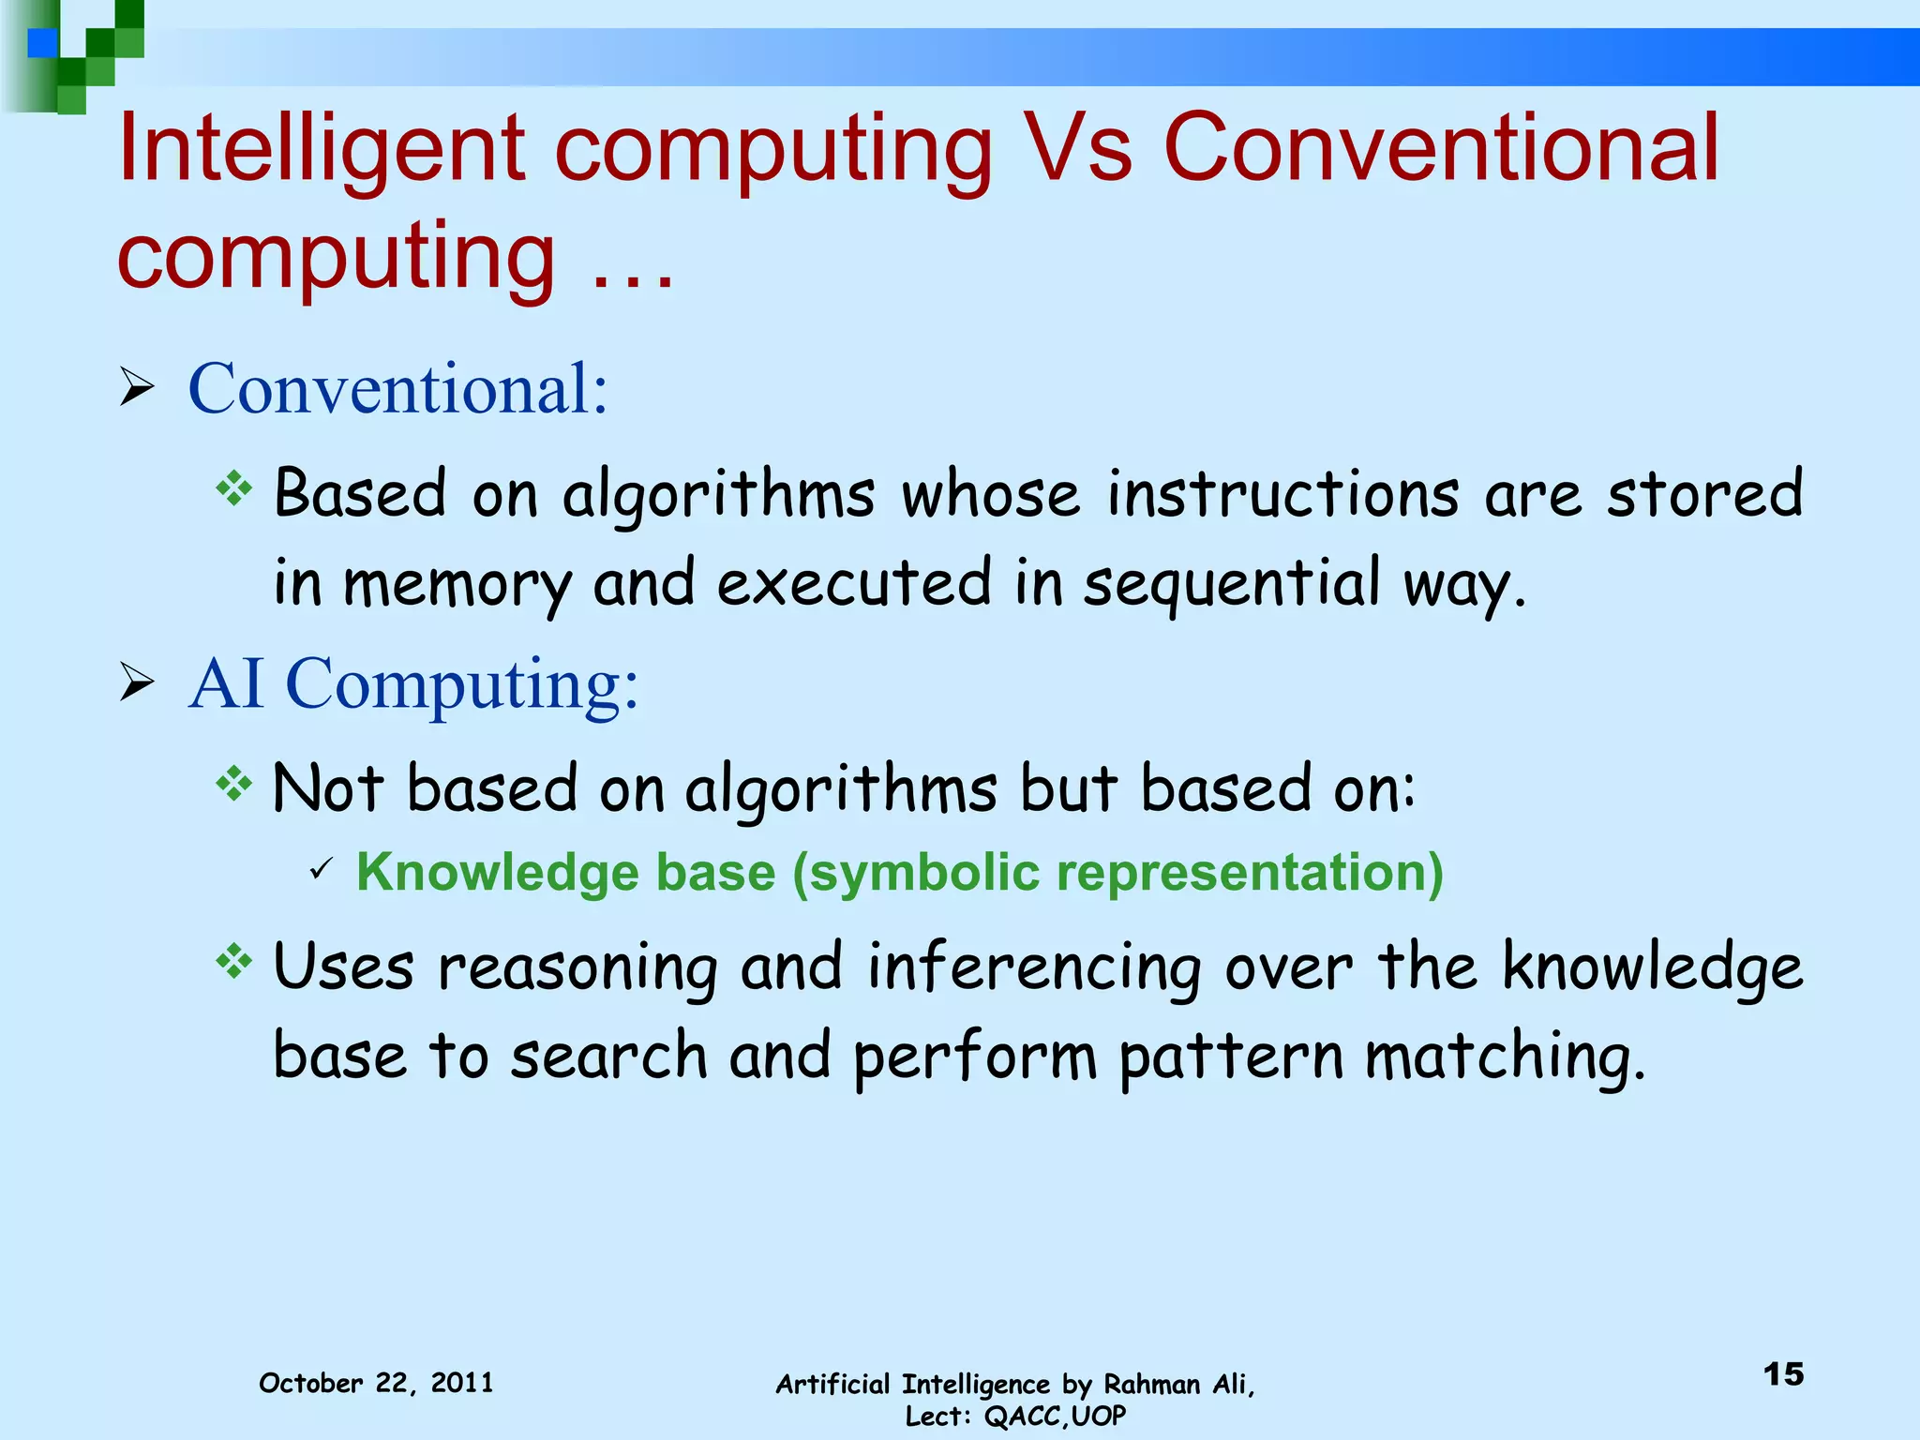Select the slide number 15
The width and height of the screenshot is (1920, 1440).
coord(1783,1374)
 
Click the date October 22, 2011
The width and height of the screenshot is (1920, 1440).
coord(376,1383)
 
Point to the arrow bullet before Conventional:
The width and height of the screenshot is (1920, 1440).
coord(137,387)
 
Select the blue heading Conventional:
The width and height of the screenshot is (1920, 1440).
coord(398,387)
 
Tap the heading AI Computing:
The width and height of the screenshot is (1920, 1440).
coord(413,683)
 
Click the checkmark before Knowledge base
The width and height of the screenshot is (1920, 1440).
coord(321,870)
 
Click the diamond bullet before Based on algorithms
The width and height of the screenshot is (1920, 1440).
coord(233,487)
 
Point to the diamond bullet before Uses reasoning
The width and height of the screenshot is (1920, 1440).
coord(233,961)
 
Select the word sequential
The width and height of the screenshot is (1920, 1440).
coord(1231,583)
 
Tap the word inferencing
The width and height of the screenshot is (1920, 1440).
coord(1034,967)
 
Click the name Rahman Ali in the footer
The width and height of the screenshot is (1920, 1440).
coord(1177,1384)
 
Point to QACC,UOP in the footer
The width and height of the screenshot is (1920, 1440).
coord(1055,1416)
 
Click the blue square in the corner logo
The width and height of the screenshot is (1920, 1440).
coord(42,43)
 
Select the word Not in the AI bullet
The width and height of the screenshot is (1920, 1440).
coord(327,787)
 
